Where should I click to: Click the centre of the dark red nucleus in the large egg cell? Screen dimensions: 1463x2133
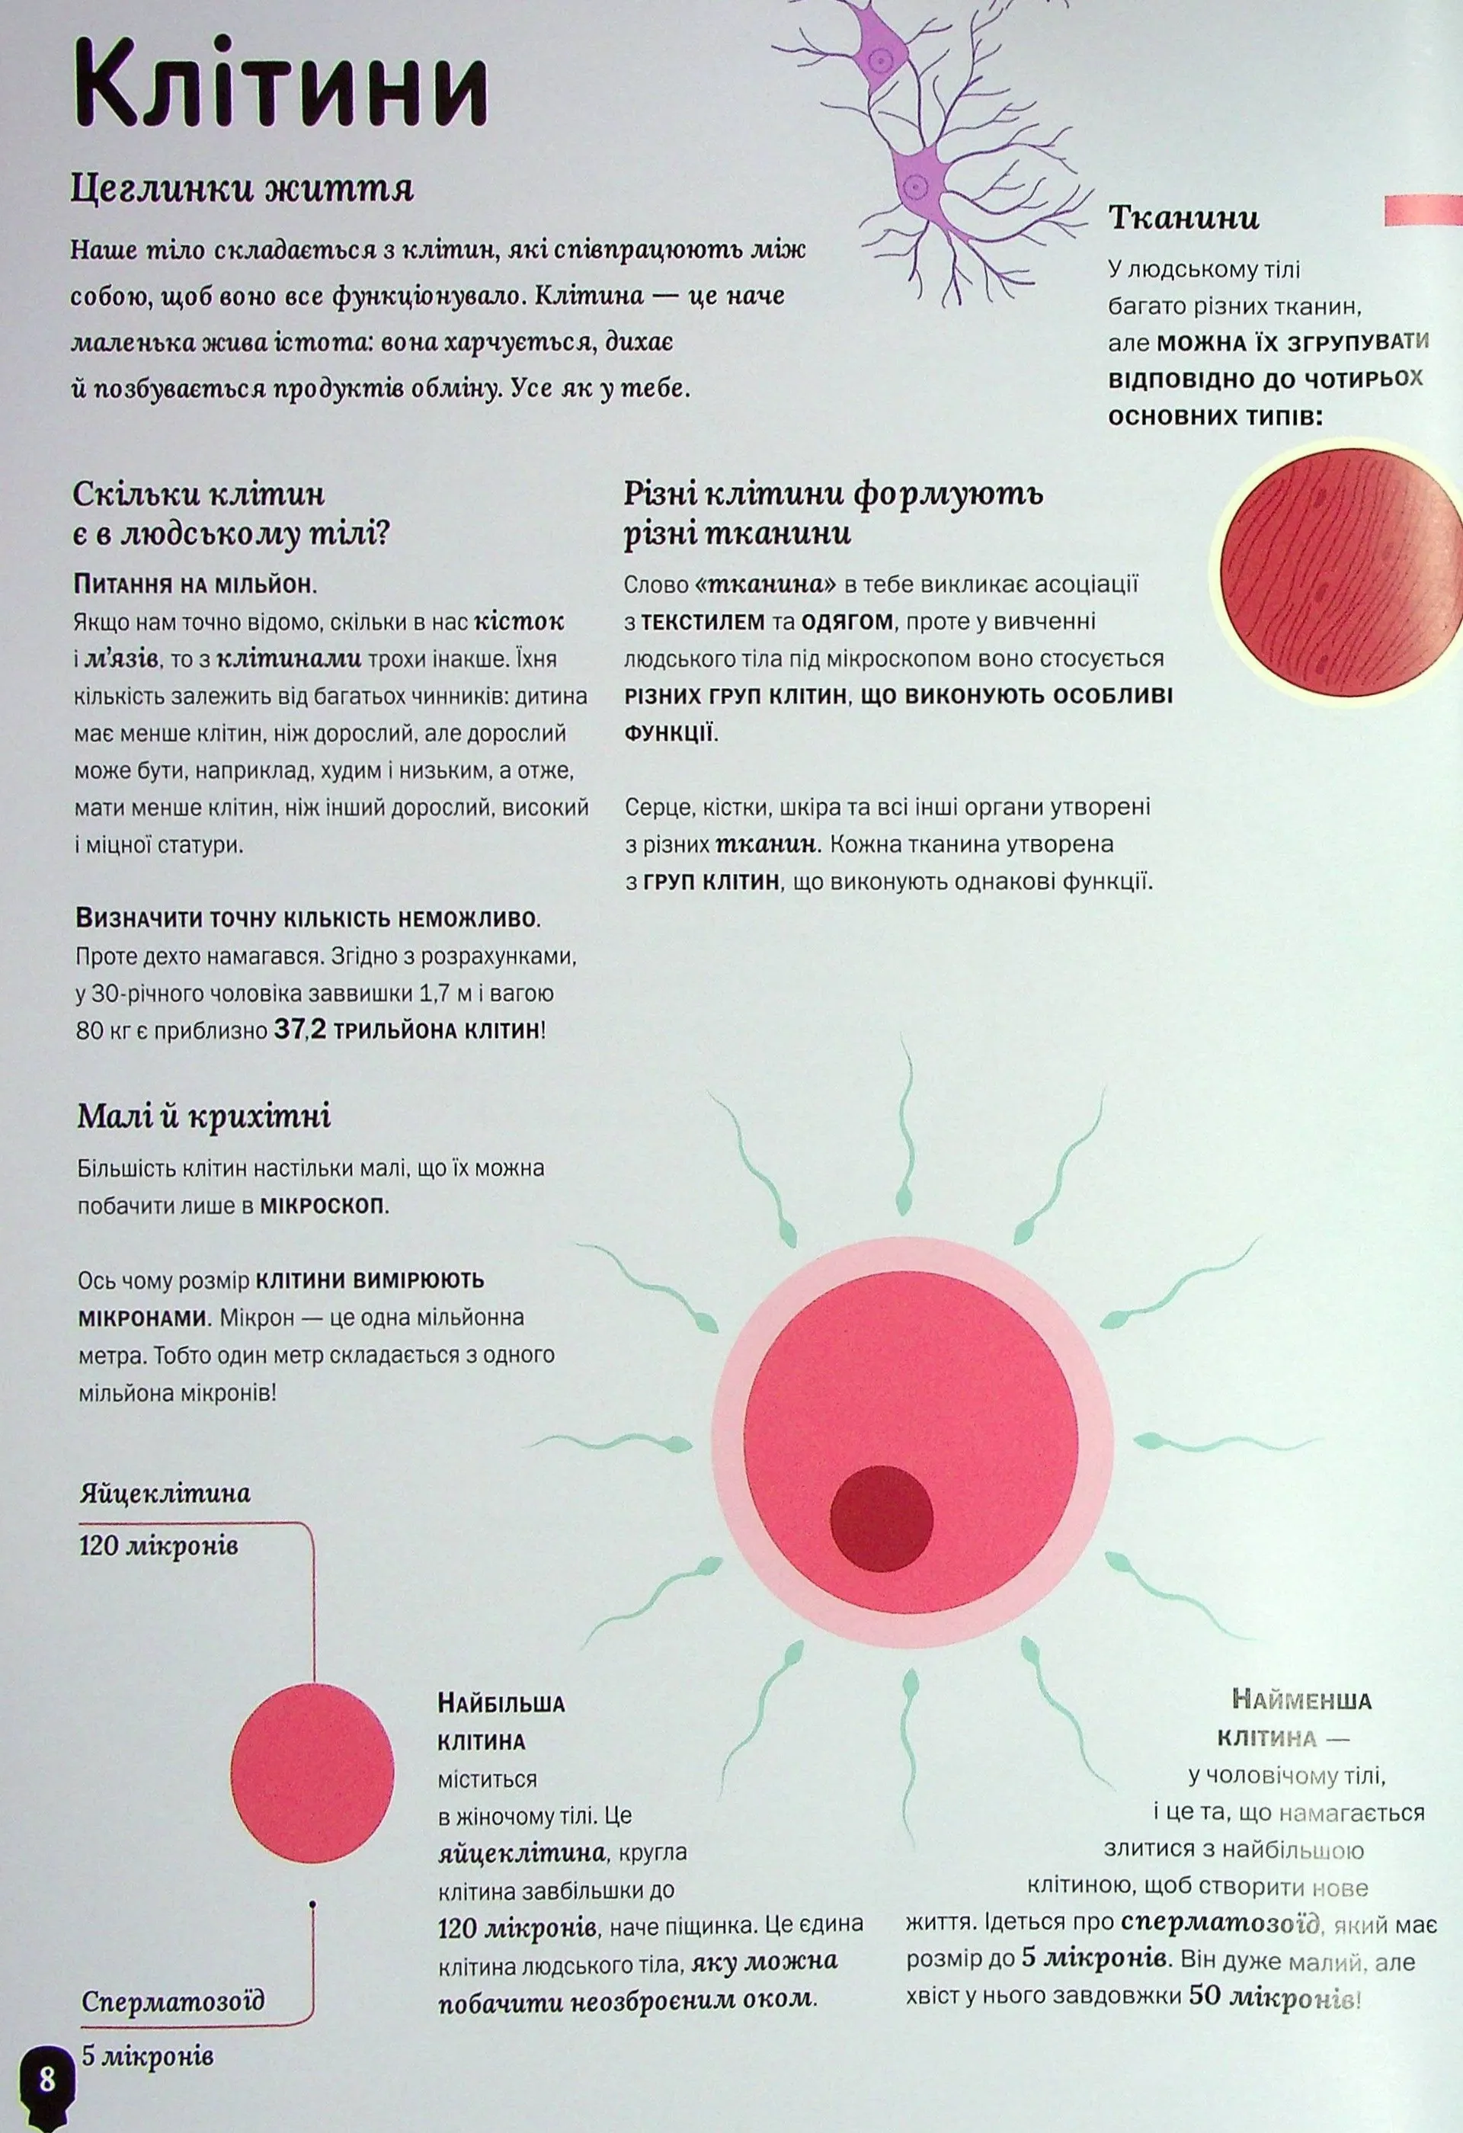coord(881,1518)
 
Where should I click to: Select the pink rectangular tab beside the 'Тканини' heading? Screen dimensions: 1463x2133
coord(1423,210)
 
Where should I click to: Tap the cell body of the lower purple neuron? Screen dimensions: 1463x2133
coord(918,184)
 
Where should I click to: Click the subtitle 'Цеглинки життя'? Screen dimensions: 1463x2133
coord(242,189)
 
